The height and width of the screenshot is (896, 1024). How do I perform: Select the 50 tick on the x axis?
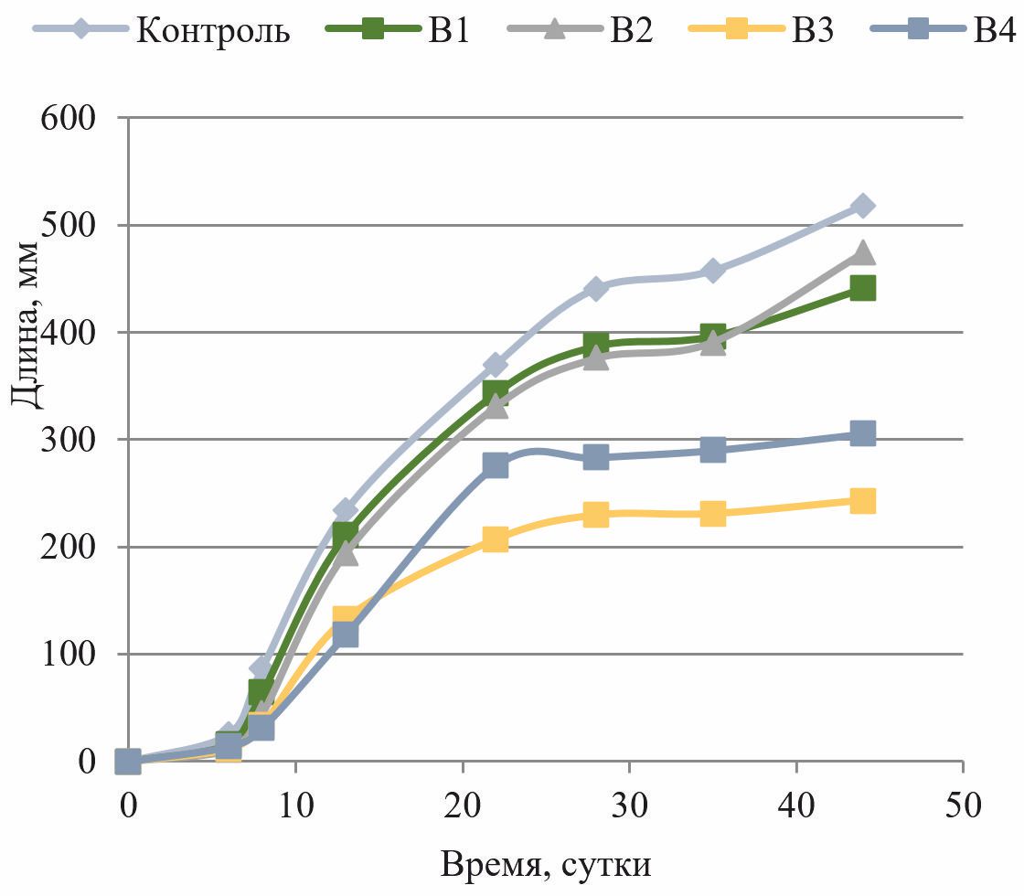963,805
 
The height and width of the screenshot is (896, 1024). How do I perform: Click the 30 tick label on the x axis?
629,805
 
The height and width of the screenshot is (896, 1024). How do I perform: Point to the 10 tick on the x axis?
295,805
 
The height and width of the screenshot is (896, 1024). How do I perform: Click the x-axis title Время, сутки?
546,863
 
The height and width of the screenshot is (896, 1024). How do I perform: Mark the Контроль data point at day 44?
862,207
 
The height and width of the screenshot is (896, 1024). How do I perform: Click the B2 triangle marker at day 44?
862,252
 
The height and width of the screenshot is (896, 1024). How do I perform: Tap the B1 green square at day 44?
862,289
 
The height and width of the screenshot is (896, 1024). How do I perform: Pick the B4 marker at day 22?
495,465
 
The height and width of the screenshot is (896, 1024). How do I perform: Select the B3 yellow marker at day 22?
495,539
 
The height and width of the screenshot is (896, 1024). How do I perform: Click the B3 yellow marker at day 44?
862,501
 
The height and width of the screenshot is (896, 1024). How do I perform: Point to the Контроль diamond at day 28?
595,289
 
